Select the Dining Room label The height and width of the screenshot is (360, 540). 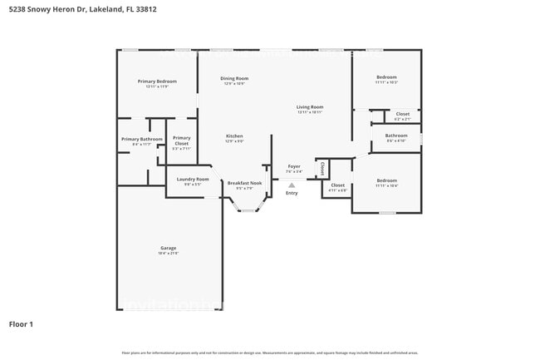(234, 79)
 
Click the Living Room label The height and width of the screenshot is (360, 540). (310, 107)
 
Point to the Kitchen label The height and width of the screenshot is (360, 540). (234, 136)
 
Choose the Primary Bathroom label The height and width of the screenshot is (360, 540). (142, 140)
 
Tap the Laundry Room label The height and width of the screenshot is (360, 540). (192, 180)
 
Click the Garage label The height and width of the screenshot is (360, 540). (168, 248)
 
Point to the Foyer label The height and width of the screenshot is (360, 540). (294, 166)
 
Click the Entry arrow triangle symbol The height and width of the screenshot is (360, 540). (292, 185)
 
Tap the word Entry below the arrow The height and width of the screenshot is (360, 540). (292, 193)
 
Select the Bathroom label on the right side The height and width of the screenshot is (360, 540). (396, 136)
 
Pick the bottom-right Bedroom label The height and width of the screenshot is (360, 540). (386, 180)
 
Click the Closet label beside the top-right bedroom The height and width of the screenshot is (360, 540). (402, 114)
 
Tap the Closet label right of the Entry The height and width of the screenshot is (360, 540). (337, 185)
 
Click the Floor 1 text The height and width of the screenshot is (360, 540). (21, 323)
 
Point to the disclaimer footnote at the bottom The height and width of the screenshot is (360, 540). (270, 353)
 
